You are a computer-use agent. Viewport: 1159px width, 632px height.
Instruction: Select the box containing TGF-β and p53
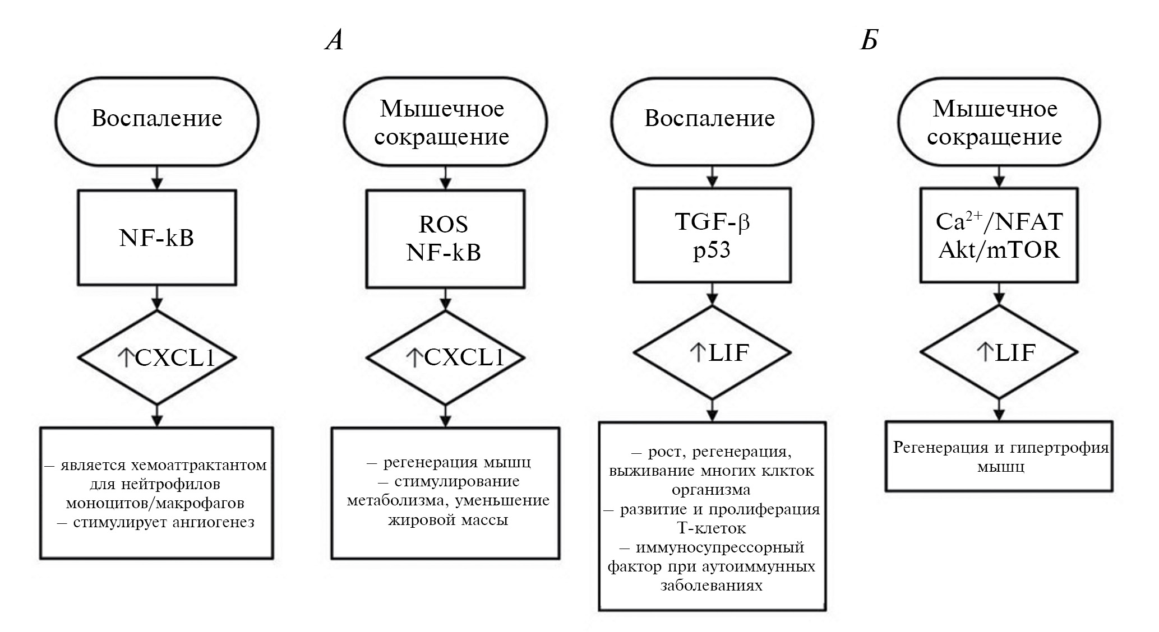coord(712,235)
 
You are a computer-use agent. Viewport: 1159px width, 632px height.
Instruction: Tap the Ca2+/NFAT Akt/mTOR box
coord(999,235)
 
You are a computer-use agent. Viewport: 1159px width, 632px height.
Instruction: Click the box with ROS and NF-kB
coord(445,238)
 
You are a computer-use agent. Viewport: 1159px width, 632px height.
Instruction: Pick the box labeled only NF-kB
coord(157,237)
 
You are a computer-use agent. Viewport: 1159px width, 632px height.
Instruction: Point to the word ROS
coord(444,225)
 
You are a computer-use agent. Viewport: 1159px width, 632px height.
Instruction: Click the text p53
coord(712,250)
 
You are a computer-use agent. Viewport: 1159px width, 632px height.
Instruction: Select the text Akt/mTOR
coord(999,249)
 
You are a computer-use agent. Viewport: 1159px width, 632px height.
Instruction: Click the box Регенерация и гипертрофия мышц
coord(999,456)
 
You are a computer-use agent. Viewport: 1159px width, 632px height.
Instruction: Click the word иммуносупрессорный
coord(720,547)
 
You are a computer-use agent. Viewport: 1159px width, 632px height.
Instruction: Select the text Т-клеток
coord(712,528)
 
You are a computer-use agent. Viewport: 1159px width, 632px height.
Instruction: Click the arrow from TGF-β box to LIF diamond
coord(712,294)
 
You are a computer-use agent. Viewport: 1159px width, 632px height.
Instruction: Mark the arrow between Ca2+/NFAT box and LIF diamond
coord(999,294)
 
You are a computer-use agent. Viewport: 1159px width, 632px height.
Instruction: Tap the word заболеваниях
coord(712,585)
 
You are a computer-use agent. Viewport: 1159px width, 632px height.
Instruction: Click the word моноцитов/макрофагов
coord(155,503)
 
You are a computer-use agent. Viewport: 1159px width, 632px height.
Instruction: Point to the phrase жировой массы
coord(448,520)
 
